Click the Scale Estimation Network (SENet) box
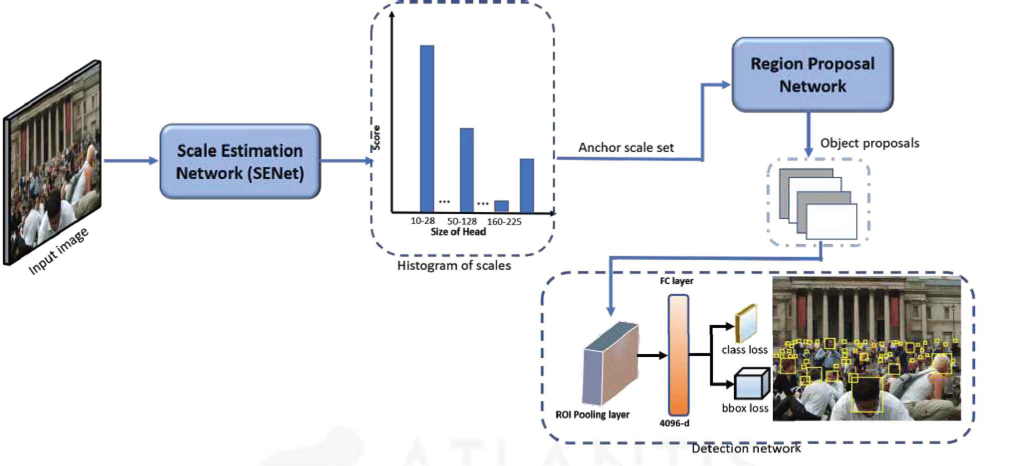pos(240,161)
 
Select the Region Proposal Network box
pos(812,74)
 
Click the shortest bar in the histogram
pos(501,206)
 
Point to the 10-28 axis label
pos(422,221)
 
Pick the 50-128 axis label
pos(462,221)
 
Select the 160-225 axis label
pos(504,221)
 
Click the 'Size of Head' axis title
pos(458,232)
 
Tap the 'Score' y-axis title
pos(376,138)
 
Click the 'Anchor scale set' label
pos(626,147)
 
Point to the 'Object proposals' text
pos(869,143)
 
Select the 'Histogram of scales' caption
pos(454,265)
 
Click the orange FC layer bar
pos(678,354)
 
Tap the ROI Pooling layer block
pos(611,363)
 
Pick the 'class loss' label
pos(744,350)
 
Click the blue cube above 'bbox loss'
pos(751,384)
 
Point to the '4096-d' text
pos(674,423)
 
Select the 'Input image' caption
pos(58,251)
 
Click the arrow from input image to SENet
pos(130,161)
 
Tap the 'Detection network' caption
pos(745,448)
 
